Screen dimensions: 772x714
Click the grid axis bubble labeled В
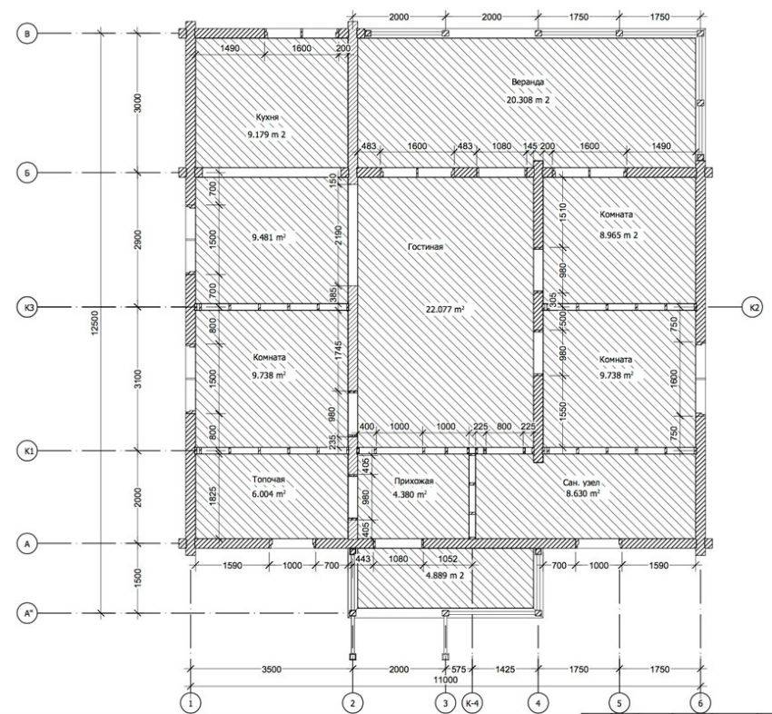27,34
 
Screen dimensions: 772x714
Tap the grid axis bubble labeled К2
753,307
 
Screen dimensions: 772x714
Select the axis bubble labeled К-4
471,704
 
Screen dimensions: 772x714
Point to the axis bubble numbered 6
700,704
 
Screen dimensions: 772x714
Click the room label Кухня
267,117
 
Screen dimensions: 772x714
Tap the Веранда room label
528,82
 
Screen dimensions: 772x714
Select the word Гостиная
425,247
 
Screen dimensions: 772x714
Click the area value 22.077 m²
445,309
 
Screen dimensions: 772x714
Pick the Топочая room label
268,480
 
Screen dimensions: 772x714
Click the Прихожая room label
413,481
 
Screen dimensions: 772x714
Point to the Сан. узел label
581,482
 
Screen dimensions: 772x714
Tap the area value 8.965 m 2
618,235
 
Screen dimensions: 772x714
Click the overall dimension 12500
95,323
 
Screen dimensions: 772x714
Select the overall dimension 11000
446,680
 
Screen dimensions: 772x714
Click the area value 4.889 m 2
445,575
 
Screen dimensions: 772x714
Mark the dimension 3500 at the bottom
272,669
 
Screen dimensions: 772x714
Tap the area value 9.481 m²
269,237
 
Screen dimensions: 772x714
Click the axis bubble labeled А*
27,613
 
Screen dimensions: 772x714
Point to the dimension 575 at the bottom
459,669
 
